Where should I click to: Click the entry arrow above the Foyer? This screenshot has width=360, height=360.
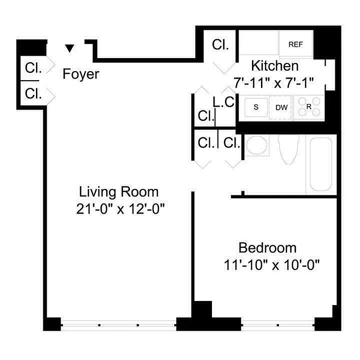[x=69, y=48]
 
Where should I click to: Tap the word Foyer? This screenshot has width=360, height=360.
[x=81, y=74]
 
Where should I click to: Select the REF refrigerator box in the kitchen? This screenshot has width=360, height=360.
[x=295, y=44]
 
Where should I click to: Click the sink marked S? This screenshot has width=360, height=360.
[x=256, y=107]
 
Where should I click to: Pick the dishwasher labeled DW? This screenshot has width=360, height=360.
[x=281, y=108]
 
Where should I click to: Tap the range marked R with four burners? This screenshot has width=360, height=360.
[x=309, y=107]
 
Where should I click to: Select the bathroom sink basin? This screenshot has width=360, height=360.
[x=257, y=146]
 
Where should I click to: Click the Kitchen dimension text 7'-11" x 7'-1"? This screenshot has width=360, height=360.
[x=273, y=83]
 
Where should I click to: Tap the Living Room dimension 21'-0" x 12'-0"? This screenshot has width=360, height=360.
[x=119, y=209]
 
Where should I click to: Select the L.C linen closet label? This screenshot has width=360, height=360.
[x=224, y=102]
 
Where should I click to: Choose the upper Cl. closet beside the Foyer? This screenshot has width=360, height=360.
[x=33, y=68]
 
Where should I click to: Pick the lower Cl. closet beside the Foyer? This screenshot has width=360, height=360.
[x=33, y=94]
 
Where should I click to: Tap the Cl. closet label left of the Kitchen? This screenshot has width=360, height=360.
[x=220, y=45]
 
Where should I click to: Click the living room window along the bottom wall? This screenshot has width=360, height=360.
[x=118, y=324]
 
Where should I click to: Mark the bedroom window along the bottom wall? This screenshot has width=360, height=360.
[x=278, y=324]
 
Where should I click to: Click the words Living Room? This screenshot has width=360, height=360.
[x=119, y=192]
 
